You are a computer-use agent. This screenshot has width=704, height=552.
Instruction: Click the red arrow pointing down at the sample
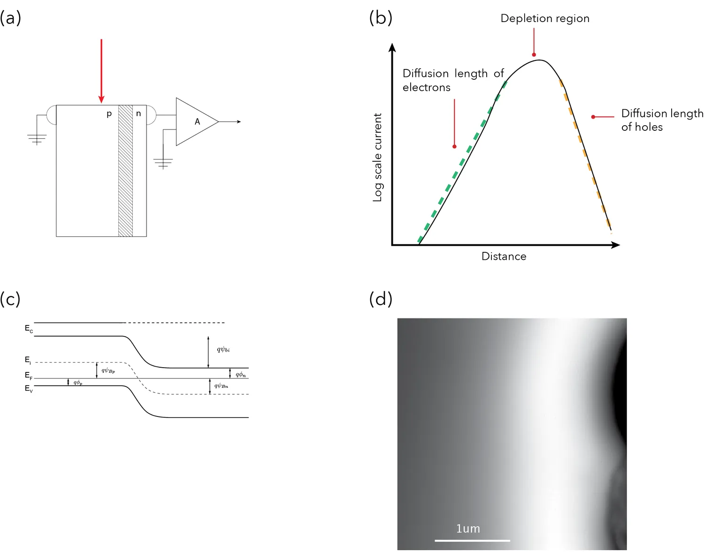coord(101,70)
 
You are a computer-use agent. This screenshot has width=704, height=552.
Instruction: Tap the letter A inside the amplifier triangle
coord(197,122)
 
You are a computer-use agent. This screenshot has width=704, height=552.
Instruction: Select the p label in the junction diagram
coord(109,114)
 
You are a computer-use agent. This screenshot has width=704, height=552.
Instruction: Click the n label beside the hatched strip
coord(138,113)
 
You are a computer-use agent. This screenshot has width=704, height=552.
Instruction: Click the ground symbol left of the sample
coord(37,139)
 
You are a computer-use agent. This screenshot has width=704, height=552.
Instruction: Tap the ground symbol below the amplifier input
coord(163,163)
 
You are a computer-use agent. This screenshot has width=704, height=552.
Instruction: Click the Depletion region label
coord(545,19)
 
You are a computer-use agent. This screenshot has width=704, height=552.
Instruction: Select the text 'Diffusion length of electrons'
coord(452,80)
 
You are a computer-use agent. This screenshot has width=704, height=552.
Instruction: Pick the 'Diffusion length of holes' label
coord(662,120)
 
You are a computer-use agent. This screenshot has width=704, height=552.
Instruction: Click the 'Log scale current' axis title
coord(377,158)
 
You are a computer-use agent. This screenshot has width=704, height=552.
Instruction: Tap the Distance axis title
coord(504,257)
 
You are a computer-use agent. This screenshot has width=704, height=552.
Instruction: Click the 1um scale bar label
coord(468,529)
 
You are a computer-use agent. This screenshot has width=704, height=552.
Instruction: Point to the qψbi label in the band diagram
coord(223,349)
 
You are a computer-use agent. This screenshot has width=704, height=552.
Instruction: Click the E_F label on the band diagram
coord(29,375)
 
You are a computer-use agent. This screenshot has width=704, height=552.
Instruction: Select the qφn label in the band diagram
coord(240,374)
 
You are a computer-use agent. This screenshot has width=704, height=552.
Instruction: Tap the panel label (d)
coord(381,299)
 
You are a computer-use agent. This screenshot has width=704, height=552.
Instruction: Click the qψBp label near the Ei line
coord(108,371)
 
